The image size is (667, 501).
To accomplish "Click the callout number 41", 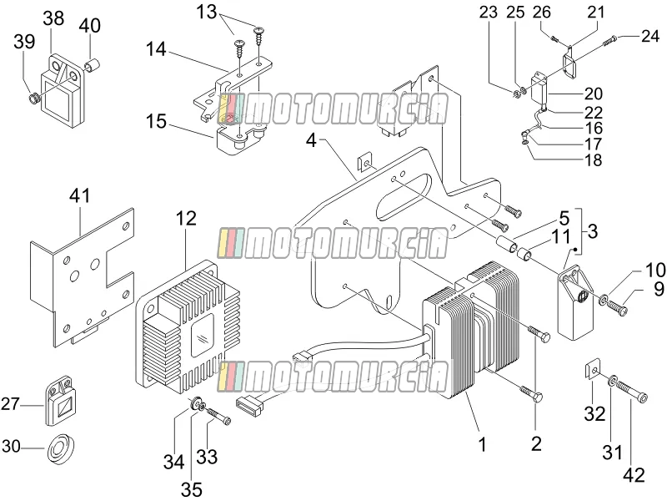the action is pyautogui.click(x=80, y=196).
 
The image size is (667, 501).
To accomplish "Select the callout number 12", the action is pyautogui.click(x=186, y=219).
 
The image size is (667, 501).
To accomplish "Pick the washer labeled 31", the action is pyautogui.click(x=611, y=380).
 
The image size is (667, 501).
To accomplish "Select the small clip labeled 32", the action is pyautogui.click(x=593, y=367).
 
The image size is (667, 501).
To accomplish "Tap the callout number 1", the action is pyautogui.click(x=482, y=444).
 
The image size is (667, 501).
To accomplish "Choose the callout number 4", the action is pyautogui.click(x=311, y=140).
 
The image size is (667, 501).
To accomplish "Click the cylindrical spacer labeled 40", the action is pyautogui.click(x=93, y=66).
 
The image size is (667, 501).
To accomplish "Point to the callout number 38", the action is pyautogui.click(x=53, y=18).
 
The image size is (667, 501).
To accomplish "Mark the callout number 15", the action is pyautogui.click(x=156, y=121).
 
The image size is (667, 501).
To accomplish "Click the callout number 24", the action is pyautogui.click(x=650, y=36).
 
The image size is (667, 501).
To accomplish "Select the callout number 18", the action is pyautogui.click(x=594, y=160).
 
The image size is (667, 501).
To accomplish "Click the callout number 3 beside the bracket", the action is pyautogui.click(x=593, y=231).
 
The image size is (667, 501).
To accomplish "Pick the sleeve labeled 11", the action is pyautogui.click(x=524, y=254).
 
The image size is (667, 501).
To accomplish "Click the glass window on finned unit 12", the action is pyautogui.click(x=203, y=336).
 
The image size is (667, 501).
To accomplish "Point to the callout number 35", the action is pyautogui.click(x=192, y=489).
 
